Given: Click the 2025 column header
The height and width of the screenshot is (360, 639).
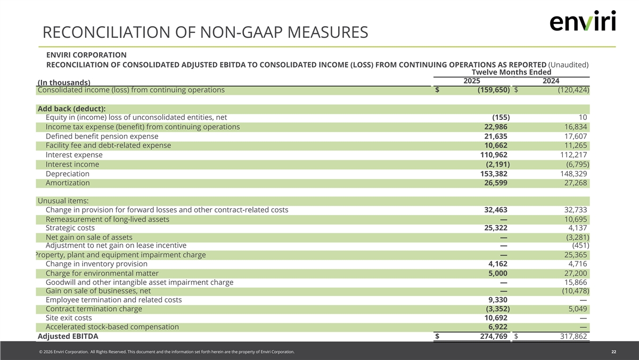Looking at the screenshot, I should click(x=472, y=81).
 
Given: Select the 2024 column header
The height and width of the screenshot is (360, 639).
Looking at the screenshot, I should click(x=551, y=81).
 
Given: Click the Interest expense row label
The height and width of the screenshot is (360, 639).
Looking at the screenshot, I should click(x=74, y=154).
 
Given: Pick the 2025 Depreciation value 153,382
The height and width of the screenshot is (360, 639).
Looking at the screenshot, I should click(x=494, y=174).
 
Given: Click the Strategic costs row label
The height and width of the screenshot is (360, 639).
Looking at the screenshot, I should click(x=70, y=228).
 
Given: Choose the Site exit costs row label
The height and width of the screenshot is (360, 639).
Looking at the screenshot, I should click(x=69, y=318).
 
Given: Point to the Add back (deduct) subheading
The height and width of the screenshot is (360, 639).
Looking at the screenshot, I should click(x=71, y=109).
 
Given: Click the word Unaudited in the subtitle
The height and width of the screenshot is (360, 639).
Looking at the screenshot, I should click(x=568, y=64).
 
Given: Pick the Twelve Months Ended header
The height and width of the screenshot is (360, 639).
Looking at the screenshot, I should click(x=511, y=72).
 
